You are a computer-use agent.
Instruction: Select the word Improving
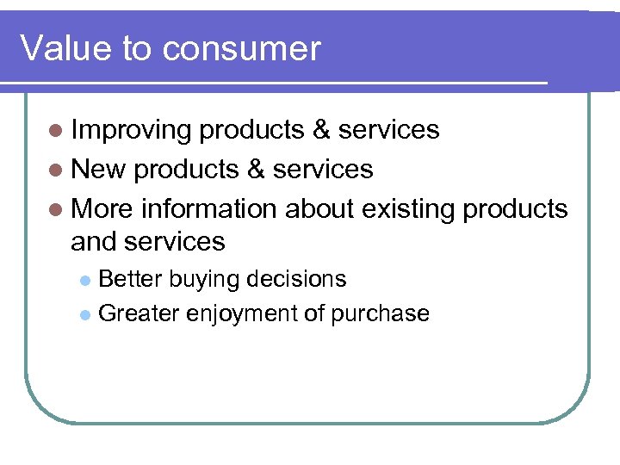point(131,130)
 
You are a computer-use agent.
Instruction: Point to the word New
point(98,170)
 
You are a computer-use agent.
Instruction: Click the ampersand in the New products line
point(255,170)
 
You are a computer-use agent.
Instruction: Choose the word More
point(102,209)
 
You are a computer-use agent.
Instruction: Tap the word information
point(208,209)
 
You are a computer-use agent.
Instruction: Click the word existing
point(408,209)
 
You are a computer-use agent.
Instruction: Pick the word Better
point(130,279)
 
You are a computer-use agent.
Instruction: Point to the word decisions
point(296,279)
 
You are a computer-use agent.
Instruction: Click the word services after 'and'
point(175,242)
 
